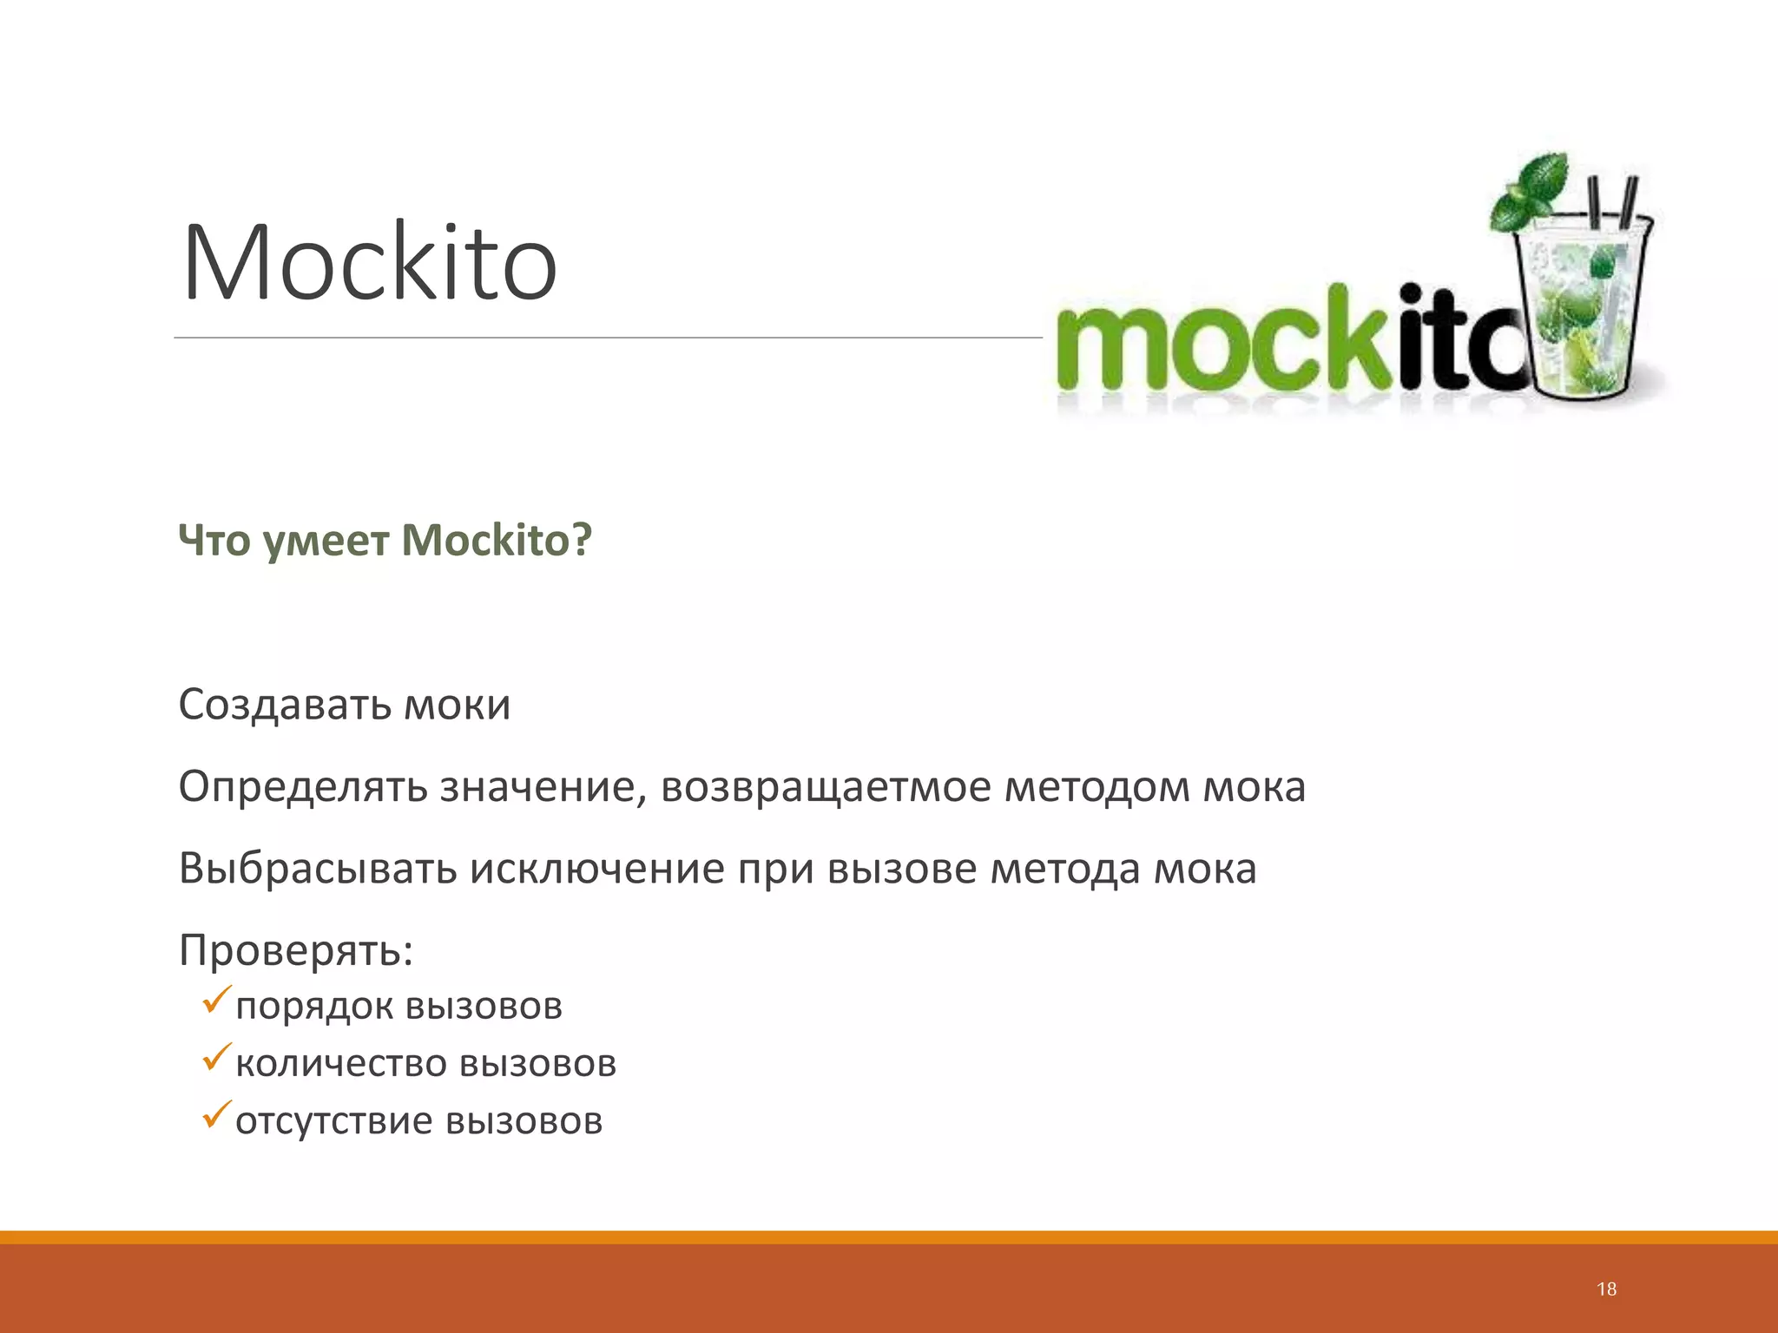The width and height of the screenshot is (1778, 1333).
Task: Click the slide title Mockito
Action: pos(369,263)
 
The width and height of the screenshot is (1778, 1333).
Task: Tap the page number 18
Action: pos(1606,1289)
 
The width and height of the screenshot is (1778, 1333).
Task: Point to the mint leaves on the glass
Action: pos(1532,191)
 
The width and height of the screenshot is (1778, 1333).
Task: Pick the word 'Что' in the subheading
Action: pos(214,540)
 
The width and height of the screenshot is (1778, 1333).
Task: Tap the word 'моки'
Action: pos(458,706)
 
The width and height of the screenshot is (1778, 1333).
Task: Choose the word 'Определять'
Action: pos(303,787)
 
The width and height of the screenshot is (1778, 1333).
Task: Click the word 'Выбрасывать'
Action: pos(318,868)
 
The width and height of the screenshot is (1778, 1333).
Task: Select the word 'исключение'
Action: pos(597,869)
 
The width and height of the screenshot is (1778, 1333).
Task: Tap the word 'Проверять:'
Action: pos(296,950)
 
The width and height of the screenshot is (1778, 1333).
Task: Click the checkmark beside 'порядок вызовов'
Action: pos(216,1000)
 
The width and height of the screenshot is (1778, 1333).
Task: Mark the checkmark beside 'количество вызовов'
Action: pos(216,1057)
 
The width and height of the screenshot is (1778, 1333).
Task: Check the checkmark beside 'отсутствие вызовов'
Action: pos(216,1114)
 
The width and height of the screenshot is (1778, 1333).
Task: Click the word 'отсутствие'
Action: pos(333,1120)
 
